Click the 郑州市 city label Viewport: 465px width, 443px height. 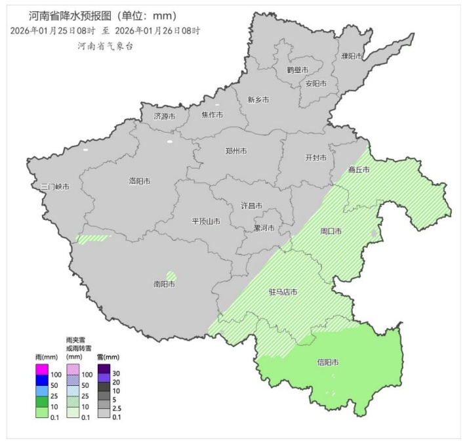point(235,150)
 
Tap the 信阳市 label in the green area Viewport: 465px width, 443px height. point(327,362)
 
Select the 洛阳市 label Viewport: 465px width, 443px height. point(140,181)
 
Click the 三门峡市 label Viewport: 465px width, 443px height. point(54,186)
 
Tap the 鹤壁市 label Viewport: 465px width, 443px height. point(296,70)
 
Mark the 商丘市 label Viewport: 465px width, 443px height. point(359,169)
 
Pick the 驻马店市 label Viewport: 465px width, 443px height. point(283,292)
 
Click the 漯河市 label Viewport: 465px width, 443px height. point(264,228)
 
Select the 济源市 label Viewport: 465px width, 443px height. point(165,116)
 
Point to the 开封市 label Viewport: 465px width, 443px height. point(316,158)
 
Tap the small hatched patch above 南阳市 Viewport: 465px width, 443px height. point(171,276)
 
